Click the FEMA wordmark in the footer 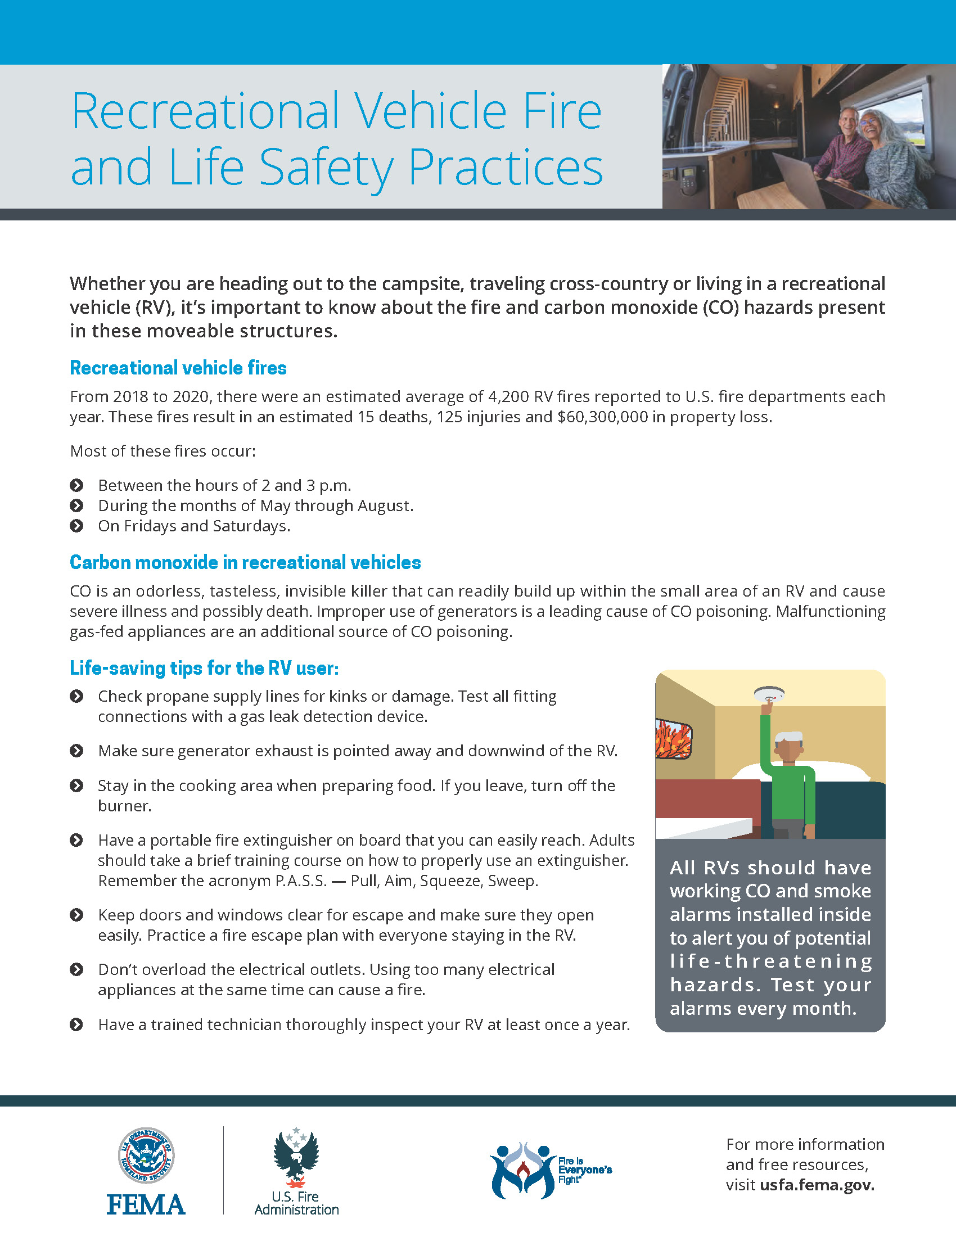click(146, 1204)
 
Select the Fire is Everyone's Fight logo click(550, 1170)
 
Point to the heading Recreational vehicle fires click(178, 368)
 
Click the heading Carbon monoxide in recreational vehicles click(245, 562)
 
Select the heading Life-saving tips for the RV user click(204, 668)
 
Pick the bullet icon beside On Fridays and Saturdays click(76, 526)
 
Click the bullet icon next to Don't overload click(76, 970)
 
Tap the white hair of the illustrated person click(789, 738)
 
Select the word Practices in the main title click(505, 167)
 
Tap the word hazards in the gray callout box click(715, 985)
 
